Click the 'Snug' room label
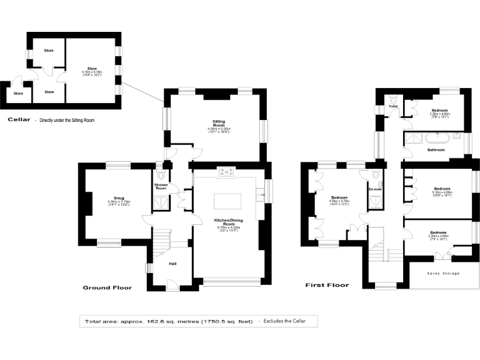pyautogui.click(x=114, y=197)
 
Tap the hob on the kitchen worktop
pyautogui.click(x=225, y=171)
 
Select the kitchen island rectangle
pyautogui.click(x=225, y=201)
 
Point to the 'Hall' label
pyautogui.click(x=172, y=263)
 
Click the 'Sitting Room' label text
pyautogui.click(x=219, y=122)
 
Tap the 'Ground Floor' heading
pyautogui.click(x=107, y=287)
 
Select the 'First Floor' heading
pyautogui.click(x=327, y=285)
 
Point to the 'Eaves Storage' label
pyautogui.click(x=443, y=273)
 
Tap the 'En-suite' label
pyautogui.click(x=375, y=189)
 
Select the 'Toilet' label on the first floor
pyautogui.click(x=393, y=106)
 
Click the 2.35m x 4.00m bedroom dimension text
pyautogui.click(x=435, y=114)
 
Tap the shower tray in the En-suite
pyautogui.click(x=376, y=201)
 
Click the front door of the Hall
pyautogui.click(x=170, y=284)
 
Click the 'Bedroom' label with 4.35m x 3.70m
pyautogui.click(x=338, y=197)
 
